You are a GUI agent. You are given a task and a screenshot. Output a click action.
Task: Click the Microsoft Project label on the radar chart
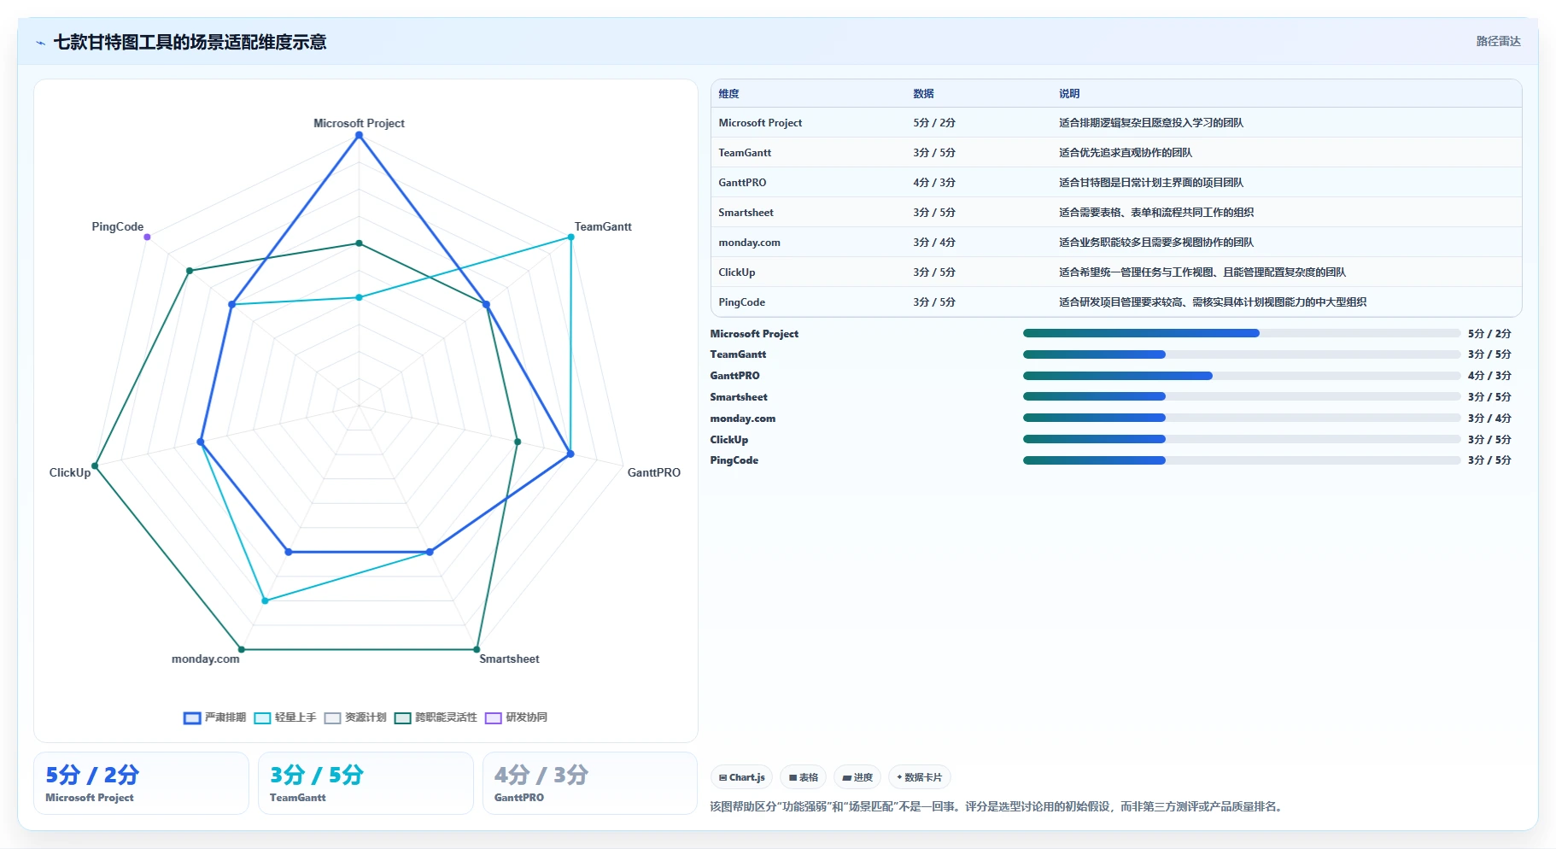(359, 123)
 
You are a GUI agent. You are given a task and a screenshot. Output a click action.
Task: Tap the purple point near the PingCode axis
(147, 237)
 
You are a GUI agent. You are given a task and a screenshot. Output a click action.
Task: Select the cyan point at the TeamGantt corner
(571, 237)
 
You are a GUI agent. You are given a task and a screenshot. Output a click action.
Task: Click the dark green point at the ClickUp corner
(95, 466)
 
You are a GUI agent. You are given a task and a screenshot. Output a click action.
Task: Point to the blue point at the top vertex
(359, 135)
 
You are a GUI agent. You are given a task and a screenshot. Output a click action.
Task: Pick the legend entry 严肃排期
(215, 717)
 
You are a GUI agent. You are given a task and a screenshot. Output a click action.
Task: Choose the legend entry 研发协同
(517, 717)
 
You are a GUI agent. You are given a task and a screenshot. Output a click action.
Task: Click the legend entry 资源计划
(356, 717)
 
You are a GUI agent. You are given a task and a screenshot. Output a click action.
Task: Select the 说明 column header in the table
(1069, 94)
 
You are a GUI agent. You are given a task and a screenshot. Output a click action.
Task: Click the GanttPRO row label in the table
(742, 183)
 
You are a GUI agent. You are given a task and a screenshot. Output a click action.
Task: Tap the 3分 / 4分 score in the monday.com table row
(934, 243)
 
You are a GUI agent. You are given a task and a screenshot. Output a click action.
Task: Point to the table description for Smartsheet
(1156, 213)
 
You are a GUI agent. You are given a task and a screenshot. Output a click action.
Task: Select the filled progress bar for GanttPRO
(1118, 376)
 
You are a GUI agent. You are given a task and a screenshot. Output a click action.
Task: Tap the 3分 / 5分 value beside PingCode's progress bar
(1489, 460)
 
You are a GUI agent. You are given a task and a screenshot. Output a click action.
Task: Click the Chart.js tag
(742, 777)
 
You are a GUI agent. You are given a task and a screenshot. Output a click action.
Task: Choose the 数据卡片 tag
(920, 777)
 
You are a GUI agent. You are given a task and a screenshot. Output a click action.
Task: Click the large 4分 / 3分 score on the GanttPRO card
(541, 775)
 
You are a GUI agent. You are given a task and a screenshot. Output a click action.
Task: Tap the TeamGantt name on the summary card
(298, 798)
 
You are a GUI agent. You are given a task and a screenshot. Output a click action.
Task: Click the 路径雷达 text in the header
(1499, 41)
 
